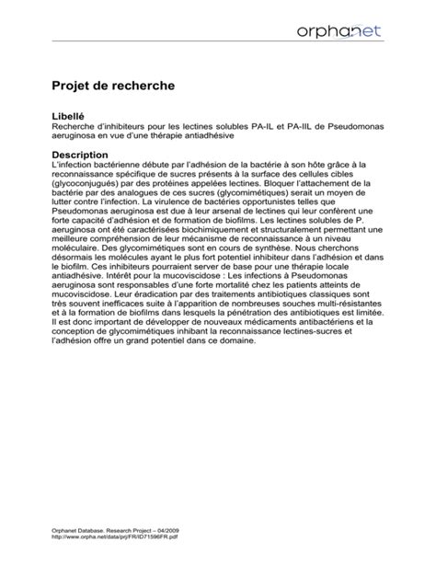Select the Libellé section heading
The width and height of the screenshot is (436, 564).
(x=76, y=116)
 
